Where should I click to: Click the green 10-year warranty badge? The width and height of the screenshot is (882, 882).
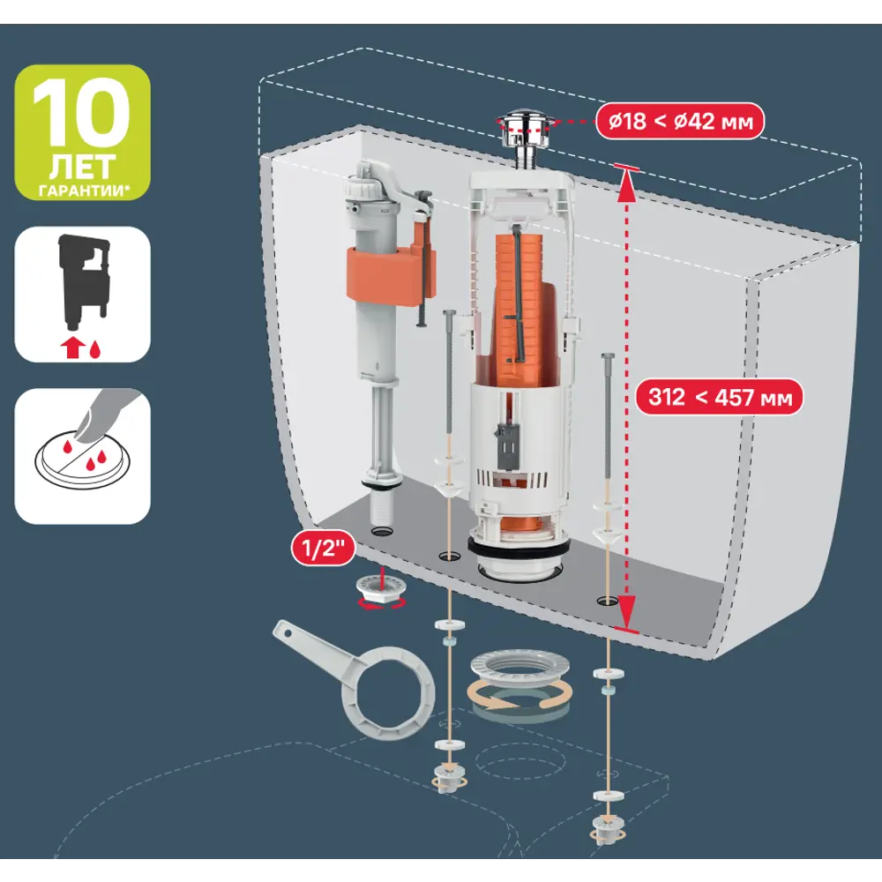[82, 132]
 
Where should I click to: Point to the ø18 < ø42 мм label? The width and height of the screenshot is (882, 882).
[679, 121]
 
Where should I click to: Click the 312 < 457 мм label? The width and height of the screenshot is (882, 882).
[719, 397]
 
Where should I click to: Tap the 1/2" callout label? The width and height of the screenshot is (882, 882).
[323, 548]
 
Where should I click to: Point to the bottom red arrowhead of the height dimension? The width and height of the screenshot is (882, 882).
[627, 613]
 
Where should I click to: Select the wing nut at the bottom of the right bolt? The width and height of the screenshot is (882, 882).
[607, 828]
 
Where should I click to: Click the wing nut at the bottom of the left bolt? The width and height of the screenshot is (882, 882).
[447, 779]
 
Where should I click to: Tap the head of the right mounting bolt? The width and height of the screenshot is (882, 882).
[608, 357]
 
